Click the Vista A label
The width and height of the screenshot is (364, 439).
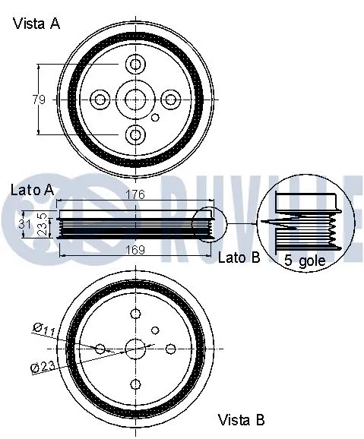(36, 24)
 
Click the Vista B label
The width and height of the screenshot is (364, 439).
(241, 418)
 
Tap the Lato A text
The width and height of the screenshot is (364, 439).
(32, 189)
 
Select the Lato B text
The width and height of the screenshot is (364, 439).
(239, 257)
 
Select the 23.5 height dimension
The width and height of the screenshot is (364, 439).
(43, 225)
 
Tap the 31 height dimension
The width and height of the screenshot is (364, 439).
(24, 224)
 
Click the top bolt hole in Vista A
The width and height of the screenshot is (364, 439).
(135, 63)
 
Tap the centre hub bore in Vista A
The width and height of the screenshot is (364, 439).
(135, 99)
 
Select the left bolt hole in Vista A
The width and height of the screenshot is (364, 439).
(100, 99)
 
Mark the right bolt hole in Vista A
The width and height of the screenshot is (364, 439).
(171, 99)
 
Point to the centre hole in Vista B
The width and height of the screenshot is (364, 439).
(135, 349)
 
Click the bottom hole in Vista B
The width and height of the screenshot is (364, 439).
(135, 384)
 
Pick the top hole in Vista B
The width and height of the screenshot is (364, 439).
(135, 314)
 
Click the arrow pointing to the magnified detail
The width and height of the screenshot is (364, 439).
(242, 224)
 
